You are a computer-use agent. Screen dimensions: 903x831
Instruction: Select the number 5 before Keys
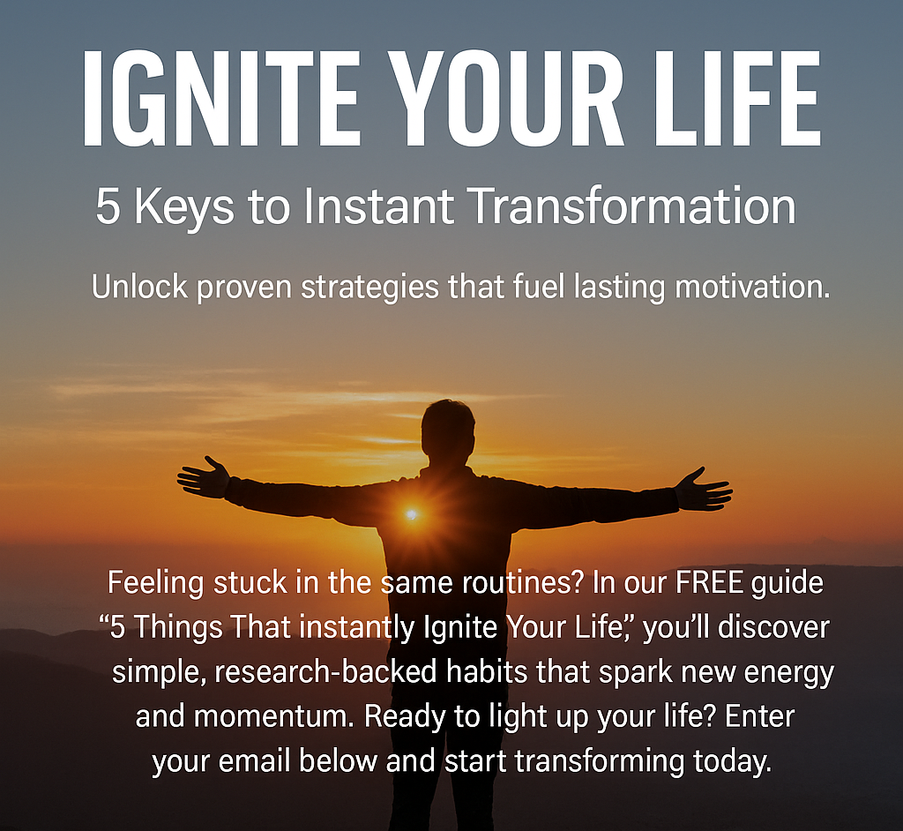(108, 206)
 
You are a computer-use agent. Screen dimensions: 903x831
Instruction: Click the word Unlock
(140, 287)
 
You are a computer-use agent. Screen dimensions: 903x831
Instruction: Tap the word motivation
(752, 287)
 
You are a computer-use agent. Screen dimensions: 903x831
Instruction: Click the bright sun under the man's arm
(412, 514)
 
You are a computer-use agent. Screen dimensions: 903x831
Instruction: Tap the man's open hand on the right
(704, 489)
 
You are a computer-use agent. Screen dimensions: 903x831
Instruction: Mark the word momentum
(273, 717)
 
